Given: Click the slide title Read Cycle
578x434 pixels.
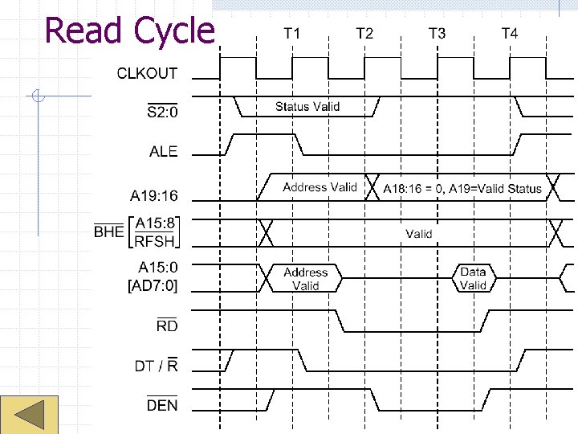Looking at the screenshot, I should (x=130, y=31).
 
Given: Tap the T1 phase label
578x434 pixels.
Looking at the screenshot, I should (x=292, y=33).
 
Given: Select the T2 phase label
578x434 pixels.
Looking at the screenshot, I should (x=364, y=33).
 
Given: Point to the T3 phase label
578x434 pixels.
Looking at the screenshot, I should (x=437, y=33).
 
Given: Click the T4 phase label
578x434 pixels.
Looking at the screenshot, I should (x=510, y=33).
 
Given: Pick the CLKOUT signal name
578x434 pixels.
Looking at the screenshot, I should (x=148, y=73).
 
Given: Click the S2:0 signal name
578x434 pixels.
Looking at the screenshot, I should (x=163, y=112).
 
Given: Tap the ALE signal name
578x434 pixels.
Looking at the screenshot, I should (x=164, y=151).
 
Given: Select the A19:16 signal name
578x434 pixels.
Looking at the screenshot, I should (x=154, y=195).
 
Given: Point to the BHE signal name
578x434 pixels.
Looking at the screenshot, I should (x=109, y=232).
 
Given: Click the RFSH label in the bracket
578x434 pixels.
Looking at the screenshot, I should (x=157, y=240).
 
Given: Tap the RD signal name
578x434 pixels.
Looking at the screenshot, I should (x=167, y=325).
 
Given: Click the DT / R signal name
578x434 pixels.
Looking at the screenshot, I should (x=157, y=366).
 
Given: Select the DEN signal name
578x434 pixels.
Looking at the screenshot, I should (x=162, y=405).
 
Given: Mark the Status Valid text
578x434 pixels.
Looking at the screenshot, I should (x=307, y=106).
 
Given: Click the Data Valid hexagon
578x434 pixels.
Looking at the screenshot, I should (x=473, y=278).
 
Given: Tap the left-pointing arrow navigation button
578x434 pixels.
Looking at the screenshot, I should (x=31, y=416).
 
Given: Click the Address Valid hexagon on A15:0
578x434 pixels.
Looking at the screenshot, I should (x=305, y=278).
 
